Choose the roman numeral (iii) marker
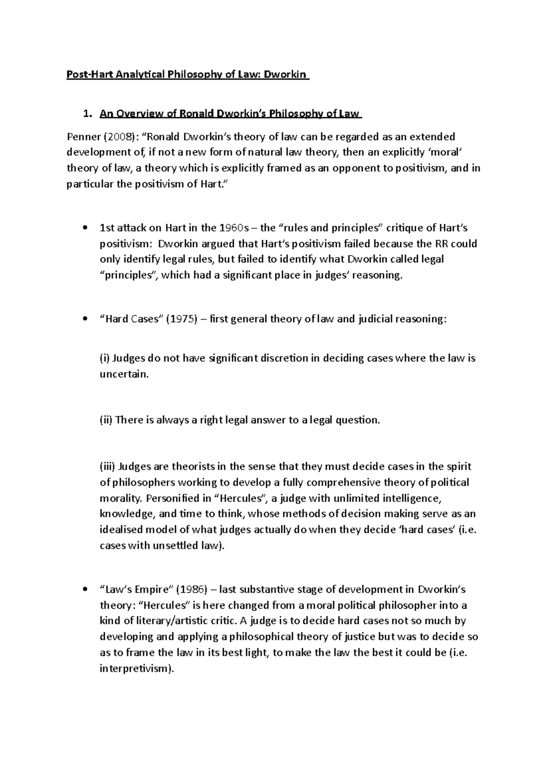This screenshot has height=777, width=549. (x=108, y=466)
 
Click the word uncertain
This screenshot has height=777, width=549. (x=124, y=374)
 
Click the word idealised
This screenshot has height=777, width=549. (x=120, y=529)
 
